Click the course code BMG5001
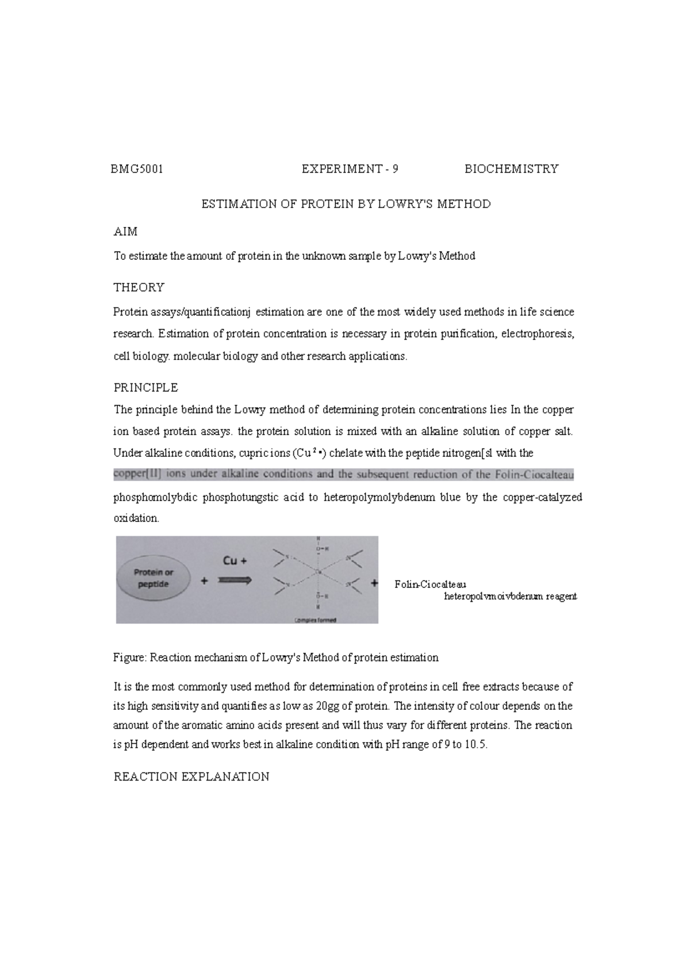pos(138,169)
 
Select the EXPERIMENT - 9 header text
pos(350,169)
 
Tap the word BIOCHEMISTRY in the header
pos(511,169)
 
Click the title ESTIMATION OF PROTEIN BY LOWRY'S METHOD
pos(345,204)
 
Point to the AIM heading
pos(125,232)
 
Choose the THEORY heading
pos(139,287)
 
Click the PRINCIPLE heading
pos(145,387)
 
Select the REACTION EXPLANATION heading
pos(191,777)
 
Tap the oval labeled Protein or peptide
pos(154,578)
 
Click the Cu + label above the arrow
pos(235,560)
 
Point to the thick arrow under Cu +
pos(234,581)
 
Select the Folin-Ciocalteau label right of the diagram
pos(426,585)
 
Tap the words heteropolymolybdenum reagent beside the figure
pos(510,597)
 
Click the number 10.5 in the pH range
pos(476,745)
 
